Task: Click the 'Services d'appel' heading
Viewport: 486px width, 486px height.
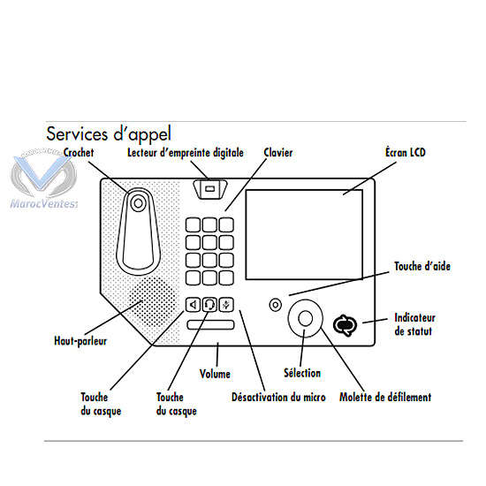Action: (109, 134)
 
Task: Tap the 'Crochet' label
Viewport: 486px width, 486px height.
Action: (79, 153)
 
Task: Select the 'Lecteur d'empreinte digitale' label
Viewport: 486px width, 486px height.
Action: (186, 153)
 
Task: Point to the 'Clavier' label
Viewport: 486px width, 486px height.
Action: (278, 153)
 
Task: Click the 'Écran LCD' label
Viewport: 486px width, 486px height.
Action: (406, 152)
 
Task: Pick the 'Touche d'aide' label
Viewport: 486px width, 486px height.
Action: (422, 266)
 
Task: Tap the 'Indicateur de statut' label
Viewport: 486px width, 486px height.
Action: (414, 324)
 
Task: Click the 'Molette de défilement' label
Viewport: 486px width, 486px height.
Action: (385, 397)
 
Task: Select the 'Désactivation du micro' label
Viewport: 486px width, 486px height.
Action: (278, 397)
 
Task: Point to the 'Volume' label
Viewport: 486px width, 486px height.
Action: (215, 374)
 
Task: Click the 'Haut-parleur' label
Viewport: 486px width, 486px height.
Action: (80, 341)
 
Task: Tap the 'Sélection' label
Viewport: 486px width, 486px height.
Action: (302, 373)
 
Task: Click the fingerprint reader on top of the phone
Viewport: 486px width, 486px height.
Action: (209, 189)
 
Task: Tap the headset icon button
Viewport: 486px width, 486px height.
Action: (209, 305)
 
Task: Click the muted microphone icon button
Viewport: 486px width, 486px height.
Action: (226, 305)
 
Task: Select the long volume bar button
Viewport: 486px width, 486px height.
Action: (210, 324)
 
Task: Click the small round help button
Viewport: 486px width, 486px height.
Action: (275, 305)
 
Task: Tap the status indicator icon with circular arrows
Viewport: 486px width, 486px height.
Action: (345, 326)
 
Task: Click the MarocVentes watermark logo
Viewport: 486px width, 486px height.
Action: (43, 178)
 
